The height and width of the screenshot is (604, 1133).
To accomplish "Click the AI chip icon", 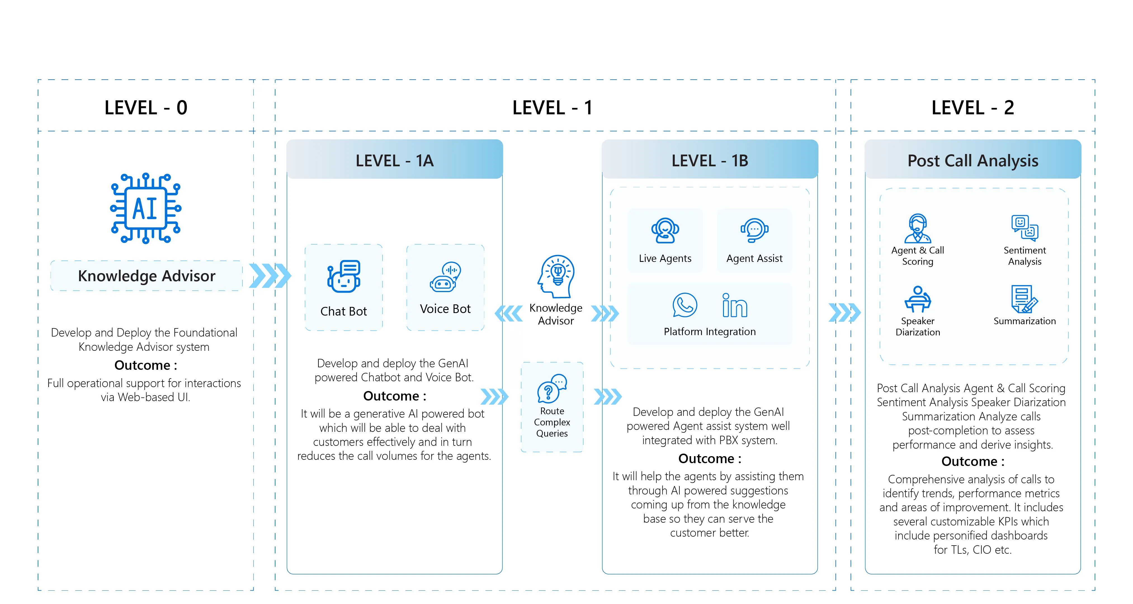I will pos(146,208).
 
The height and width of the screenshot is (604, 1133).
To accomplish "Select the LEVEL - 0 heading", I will pos(146,108).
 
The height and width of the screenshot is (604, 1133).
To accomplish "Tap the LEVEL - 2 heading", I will pos(973,108).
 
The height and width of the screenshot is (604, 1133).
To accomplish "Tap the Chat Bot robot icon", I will pos(343,276).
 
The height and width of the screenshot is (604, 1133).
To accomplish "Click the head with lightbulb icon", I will pos(556,276).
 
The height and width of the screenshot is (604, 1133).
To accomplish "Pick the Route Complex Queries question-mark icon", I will pos(552,388).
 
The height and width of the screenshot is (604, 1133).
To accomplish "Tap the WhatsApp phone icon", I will pos(685,305).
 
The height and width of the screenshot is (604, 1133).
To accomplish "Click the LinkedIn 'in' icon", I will pos(735,305).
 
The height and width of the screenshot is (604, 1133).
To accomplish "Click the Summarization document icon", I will pos(1024,299).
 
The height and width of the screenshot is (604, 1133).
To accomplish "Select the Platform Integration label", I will pos(709,331).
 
